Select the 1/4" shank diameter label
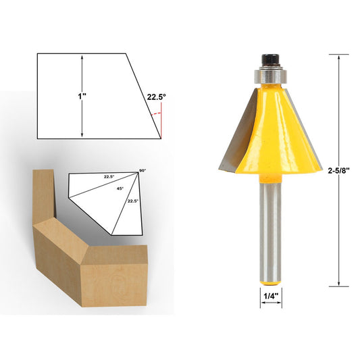pos(269,294)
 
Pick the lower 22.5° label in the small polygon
pos(132,201)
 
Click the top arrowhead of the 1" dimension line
pos(82,57)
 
